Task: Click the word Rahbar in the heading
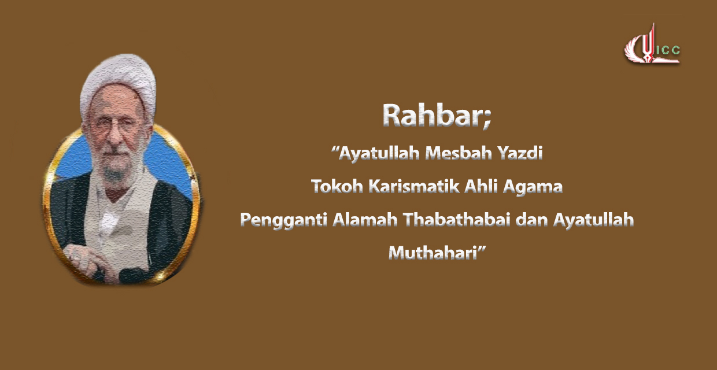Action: coord(433,115)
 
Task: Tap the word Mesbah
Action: coord(459,153)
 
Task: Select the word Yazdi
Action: coord(520,154)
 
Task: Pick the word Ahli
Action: coord(481,186)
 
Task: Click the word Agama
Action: coord(533,187)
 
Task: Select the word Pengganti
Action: coord(283,221)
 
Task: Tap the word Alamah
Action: coord(365,220)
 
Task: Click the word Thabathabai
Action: coord(456,220)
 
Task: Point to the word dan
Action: coord(531,220)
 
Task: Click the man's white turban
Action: coord(119,83)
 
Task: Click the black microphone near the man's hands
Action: coord(131,275)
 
